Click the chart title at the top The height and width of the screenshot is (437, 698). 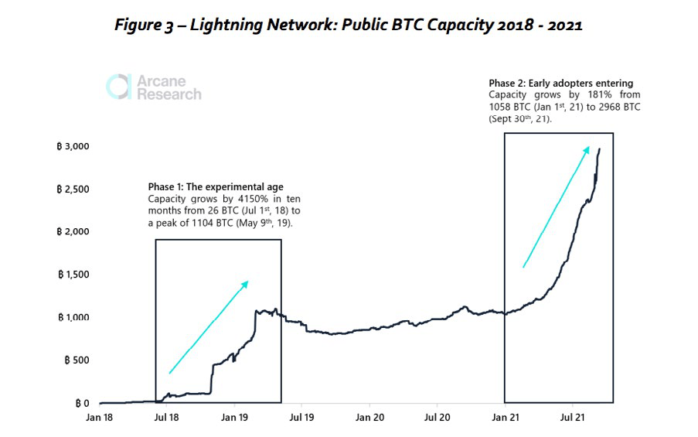pyautogui.click(x=349, y=24)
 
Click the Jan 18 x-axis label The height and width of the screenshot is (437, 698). pyautogui.click(x=100, y=418)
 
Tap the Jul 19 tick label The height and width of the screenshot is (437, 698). pyautogui.click(x=301, y=418)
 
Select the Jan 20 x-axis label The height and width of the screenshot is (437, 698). pyautogui.click(x=369, y=418)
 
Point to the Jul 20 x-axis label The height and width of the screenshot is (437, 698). pyautogui.click(x=437, y=418)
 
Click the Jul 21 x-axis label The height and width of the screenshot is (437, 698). pyautogui.click(x=573, y=418)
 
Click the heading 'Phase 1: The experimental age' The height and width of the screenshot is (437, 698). pyautogui.click(x=216, y=187)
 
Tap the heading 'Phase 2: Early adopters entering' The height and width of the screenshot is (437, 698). pyautogui.click(x=561, y=84)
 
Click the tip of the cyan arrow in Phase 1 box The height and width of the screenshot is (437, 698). pyautogui.click(x=247, y=282)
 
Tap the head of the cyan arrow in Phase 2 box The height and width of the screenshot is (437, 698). pyautogui.click(x=590, y=147)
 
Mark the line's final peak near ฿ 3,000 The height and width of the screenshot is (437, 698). pyautogui.click(x=600, y=149)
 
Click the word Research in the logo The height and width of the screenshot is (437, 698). pyautogui.click(x=169, y=94)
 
